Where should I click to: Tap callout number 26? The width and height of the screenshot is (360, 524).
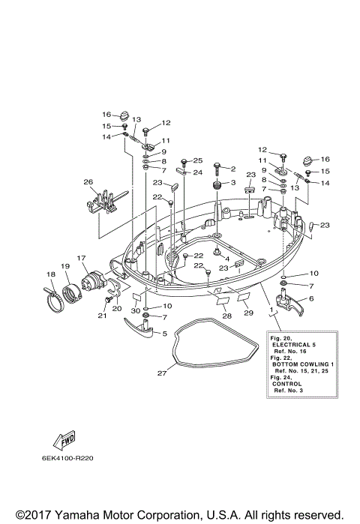coord(88,181)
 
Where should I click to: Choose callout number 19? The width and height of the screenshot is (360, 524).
coord(65,266)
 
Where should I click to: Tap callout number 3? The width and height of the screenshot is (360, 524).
coord(232,183)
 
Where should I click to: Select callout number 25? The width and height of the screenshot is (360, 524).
coord(198,160)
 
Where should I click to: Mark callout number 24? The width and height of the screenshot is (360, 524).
coord(198,172)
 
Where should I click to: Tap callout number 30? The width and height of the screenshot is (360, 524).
coord(136,311)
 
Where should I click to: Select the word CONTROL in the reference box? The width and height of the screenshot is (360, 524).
coord(292,385)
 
